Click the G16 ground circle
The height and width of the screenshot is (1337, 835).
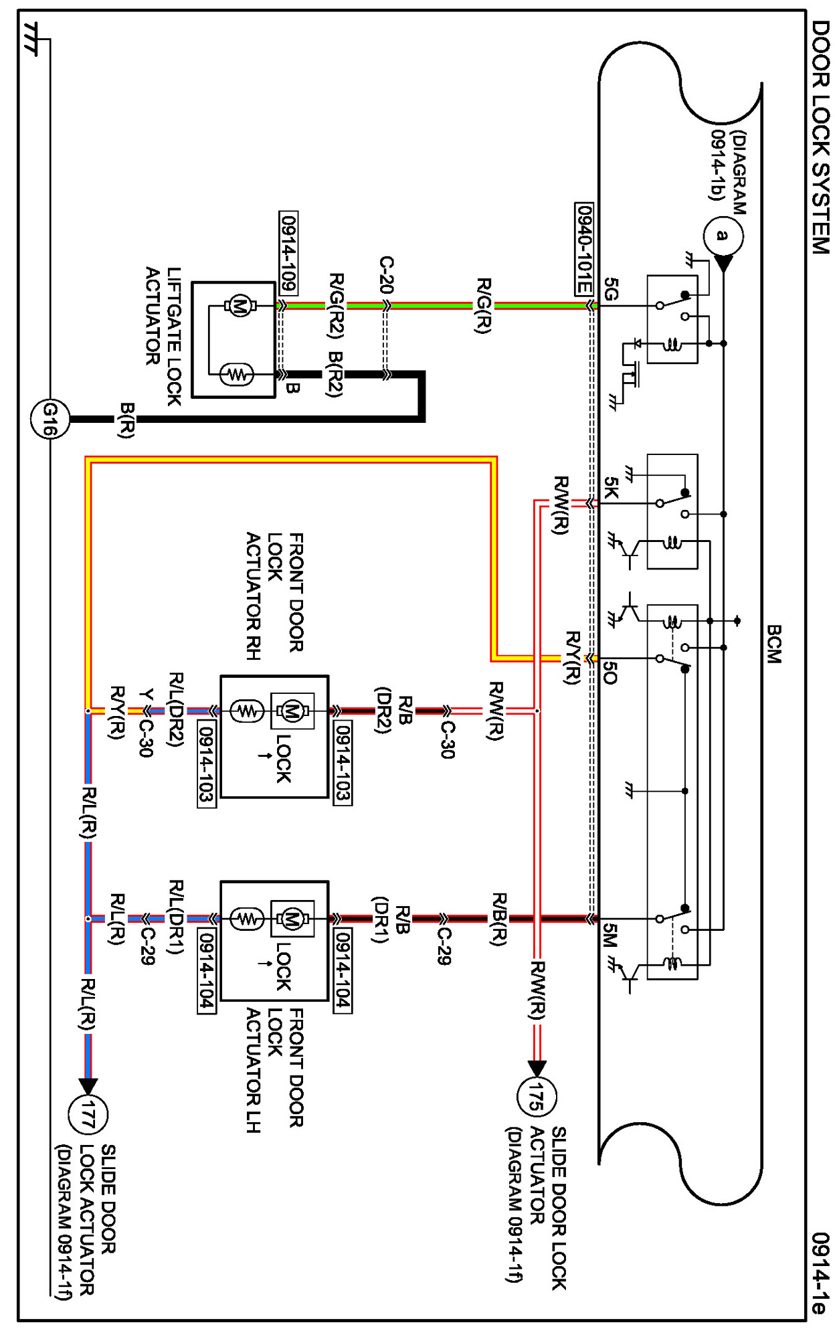click(x=50, y=420)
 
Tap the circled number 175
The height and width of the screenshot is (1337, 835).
click(x=537, y=1097)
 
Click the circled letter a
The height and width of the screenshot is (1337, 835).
click(x=723, y=236)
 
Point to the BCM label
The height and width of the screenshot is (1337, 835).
click(x=774, y=644)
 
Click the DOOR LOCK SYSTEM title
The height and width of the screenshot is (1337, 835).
click(x=820, y=137)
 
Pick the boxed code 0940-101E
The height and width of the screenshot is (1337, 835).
click(x=584, y=249)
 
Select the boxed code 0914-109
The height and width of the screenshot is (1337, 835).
click(x=288, y=253)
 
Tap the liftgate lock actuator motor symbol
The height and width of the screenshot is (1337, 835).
click(x=238, y=306)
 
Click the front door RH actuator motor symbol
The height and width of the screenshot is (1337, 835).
click(x=292, y=710)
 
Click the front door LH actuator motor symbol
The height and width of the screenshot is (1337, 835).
click(x=292, y=919)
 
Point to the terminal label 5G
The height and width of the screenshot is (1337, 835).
click(x=612, y=289)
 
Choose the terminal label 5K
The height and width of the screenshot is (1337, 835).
click(x=612, y=488)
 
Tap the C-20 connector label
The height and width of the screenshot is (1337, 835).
click(x=386, y=275)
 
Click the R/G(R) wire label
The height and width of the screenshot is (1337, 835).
click(x=483, y=306)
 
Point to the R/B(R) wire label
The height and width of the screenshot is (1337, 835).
click(x=498, y=919)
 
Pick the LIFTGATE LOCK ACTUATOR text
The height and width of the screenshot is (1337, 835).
click(x=164, y=336)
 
